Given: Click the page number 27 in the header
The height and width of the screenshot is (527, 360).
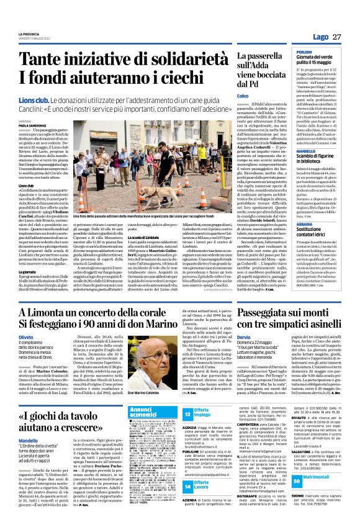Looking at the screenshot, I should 337,37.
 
